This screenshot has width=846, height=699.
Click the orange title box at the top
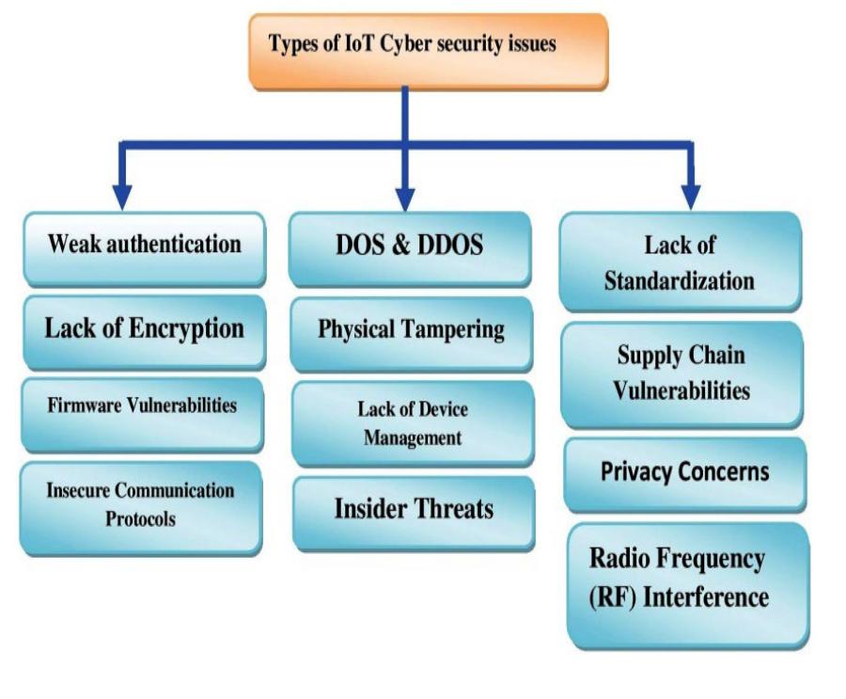[428, 50]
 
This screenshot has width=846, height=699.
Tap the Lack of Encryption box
[144, 329]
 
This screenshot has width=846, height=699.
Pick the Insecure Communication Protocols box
[140, 505]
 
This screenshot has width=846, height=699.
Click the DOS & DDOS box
[410, 246]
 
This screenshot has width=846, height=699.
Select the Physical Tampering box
[412, 331]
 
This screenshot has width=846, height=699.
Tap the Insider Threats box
[413, 511]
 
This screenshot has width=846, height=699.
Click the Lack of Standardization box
[680, 262]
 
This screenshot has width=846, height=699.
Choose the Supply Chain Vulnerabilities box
[682, 373]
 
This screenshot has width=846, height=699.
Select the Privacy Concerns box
[684, 471]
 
